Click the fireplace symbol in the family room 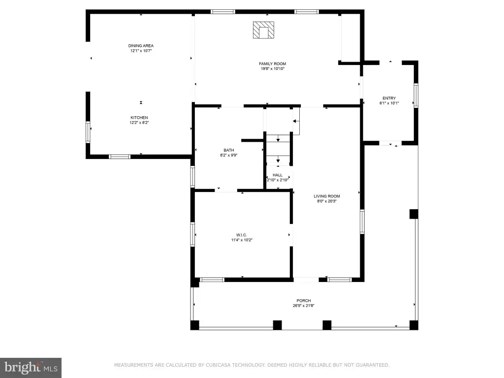[263, 30]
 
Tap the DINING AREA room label [141, 46]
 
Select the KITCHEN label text [139, 118]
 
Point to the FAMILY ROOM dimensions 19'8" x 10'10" [273, 68]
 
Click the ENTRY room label [389, 98]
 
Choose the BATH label [229, 150]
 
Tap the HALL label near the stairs [278, 175]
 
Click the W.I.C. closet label [242, 235]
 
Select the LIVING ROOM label [327, 196]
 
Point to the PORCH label [304, 301]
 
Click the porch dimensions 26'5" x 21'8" [304, 306]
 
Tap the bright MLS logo [31, 367]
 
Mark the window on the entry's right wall [416, 95]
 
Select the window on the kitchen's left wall [88, 132]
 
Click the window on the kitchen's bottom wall [120, 157]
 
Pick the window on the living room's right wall [362, 221]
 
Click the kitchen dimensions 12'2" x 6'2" [139, 123]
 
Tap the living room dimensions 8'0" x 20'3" [327, 201]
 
